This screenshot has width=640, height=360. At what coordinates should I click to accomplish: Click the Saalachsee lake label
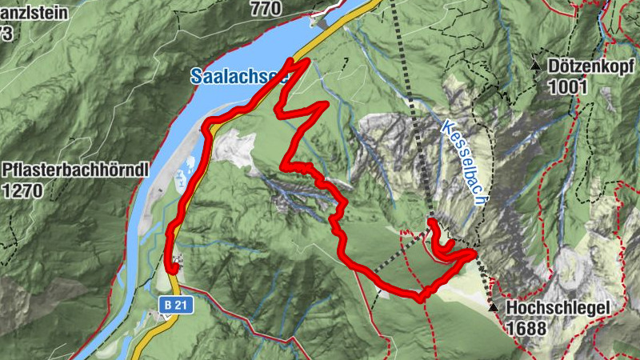pos(238,76)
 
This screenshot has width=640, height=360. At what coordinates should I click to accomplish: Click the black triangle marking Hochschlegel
pos(493,306)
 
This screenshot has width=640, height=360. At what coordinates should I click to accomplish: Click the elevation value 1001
pos(569,86)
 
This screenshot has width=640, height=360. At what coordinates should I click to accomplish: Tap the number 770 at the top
pos(265,9)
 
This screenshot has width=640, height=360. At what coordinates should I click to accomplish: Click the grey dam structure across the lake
pos(322,22)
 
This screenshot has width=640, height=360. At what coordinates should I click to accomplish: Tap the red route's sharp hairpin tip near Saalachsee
pos(306,62)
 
